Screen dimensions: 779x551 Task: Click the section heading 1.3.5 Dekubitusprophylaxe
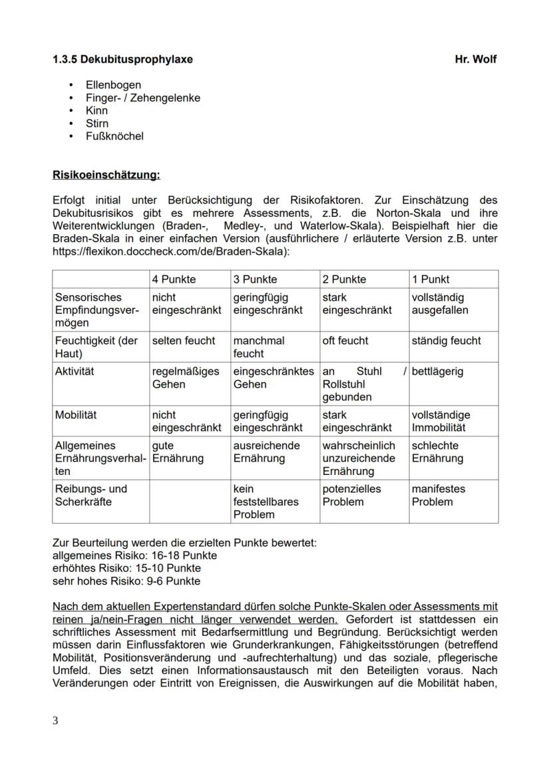click(122, 59)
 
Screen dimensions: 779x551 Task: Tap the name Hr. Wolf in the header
click(475, 59)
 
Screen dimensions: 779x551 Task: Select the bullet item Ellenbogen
click(113, 85)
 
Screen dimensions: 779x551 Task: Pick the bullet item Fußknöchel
click(114, 136)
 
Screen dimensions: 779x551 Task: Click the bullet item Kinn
click(96, 110)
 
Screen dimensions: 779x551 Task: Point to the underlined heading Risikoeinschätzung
click(106, 176)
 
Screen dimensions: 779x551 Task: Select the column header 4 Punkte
click(174, 279)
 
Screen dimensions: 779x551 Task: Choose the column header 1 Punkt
click(431, 279)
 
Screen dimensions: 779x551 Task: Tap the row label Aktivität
click(75, 371)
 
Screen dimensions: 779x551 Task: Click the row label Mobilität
click(75, 415)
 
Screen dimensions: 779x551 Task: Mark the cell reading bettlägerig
click(437, 371)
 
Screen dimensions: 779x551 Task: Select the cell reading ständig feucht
click(446, 341)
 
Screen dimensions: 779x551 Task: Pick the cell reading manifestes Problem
click(439, 495)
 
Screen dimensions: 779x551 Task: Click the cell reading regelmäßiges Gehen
click(186, 378)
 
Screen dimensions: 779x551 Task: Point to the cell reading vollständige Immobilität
click(441, 421)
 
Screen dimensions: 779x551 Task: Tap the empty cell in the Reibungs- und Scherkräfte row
click(189, 502)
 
